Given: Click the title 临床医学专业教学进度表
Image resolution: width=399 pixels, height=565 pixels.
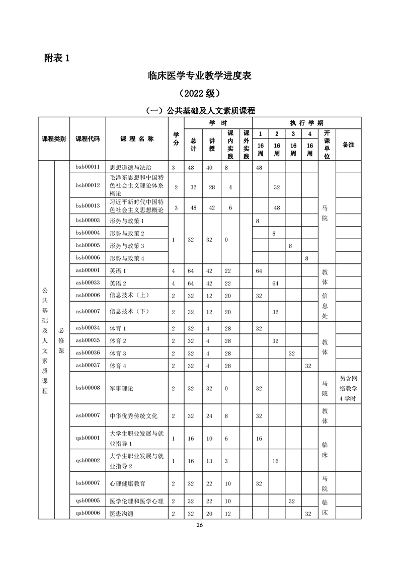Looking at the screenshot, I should (x=199, y=76).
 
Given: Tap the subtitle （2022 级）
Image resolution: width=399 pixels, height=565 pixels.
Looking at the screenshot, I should (x=199, y=94).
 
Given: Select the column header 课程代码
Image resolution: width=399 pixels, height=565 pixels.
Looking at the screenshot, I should (x=88, y=138).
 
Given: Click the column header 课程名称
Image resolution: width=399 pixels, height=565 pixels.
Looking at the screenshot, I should (x=137, y=138).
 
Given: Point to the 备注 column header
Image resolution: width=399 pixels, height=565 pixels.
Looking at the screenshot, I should (x=348, y=145).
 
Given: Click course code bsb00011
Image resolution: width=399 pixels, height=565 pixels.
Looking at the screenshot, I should (x=88, y=167).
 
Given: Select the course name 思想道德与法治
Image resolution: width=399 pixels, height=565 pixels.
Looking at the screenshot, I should (x=130, y=167).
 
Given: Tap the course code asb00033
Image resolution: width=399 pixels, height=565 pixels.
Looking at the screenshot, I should (x=88, y=283).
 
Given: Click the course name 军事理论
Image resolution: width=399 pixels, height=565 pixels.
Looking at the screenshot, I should (x=122, y=388).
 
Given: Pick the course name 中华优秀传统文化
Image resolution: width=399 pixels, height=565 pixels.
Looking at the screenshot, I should (x=134, y=416).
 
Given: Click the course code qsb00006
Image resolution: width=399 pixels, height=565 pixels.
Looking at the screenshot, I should (x=88, y=513).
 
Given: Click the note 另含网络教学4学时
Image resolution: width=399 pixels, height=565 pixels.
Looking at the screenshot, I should (x=348, y=388).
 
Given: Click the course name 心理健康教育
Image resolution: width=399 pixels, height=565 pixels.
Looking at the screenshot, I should (x=128, y=483).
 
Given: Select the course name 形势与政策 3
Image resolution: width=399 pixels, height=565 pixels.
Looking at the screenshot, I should (x=127, y=246).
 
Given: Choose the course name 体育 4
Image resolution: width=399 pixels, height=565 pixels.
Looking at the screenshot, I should (x=118, y=366).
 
